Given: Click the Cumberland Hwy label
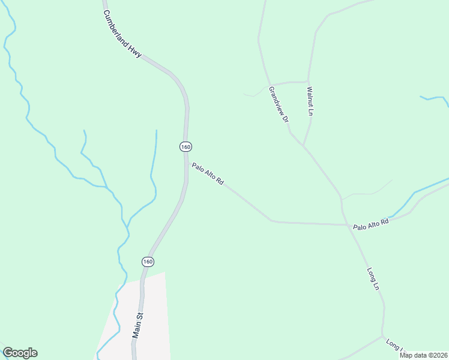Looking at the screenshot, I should coord(122,34).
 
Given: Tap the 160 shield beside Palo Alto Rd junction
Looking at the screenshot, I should coord(185,147).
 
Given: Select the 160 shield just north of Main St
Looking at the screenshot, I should coord(148,262).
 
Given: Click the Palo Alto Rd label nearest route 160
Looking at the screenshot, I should coord(208,173).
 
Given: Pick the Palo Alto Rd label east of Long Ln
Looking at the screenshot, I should coord(371,224).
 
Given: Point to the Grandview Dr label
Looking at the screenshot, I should coord(279,104).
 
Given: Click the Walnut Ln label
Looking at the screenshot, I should coord(310,101).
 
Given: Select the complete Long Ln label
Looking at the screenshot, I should coord(373,280).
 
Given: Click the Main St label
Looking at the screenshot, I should coord(138,325).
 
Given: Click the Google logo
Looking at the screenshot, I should coord(20,353).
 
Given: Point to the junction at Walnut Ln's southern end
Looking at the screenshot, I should coord(304,146).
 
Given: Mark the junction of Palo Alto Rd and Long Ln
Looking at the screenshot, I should coord(347,225).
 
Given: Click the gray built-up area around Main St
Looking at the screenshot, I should coord(153,312).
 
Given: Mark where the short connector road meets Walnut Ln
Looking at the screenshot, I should coord(308,81).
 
